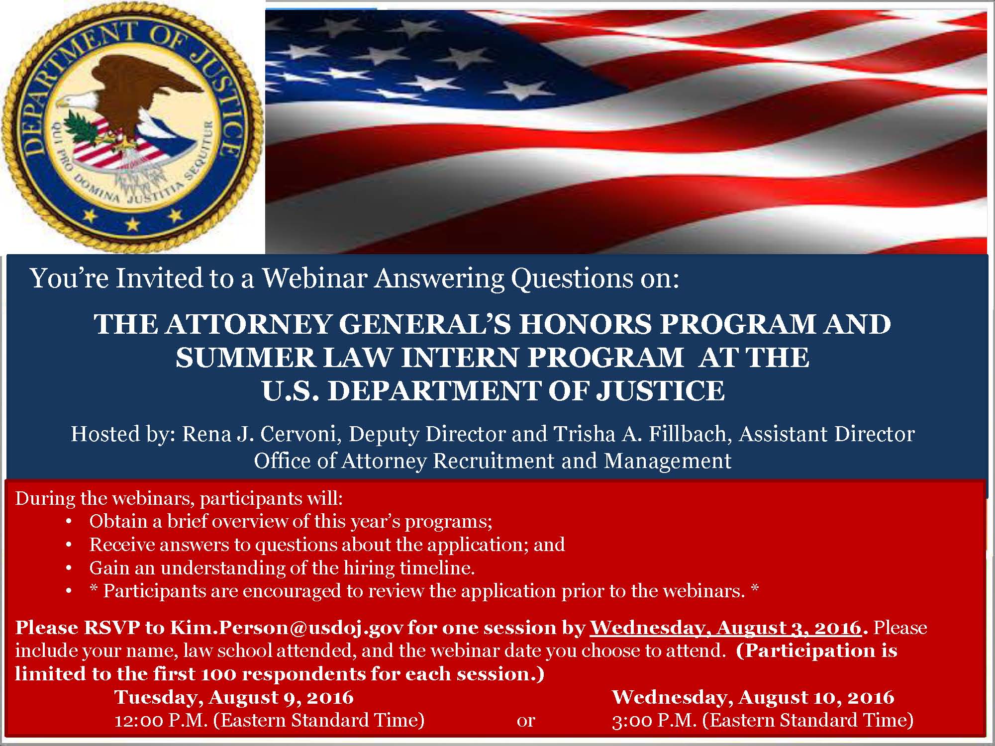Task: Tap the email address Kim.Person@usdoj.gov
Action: coord(287,628)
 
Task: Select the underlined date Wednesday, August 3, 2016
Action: coord(725,628)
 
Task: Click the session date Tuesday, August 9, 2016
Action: coord(234,697)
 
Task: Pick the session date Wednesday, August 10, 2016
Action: coord(753,697)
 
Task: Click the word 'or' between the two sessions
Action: coord(526,720)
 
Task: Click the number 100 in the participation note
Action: coord(216,674)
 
